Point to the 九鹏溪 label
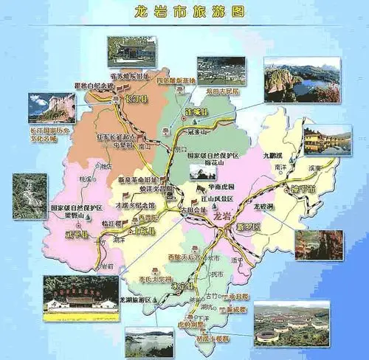tap(274, 156)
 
